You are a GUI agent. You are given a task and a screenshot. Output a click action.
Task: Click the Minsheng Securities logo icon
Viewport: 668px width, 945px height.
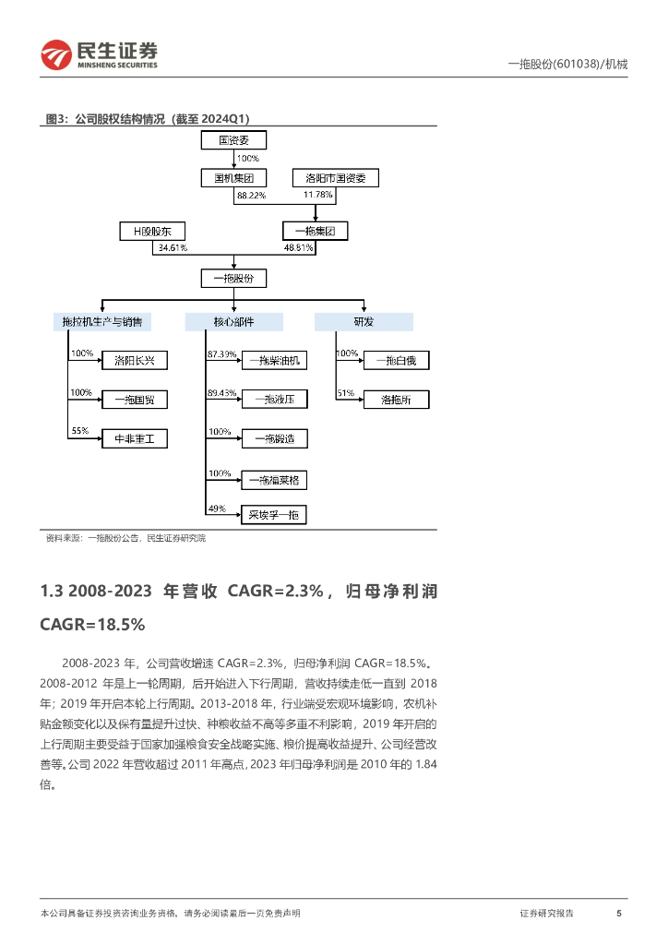coord(56,55)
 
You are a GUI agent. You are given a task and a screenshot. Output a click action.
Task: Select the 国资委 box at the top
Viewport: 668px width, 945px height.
coord(233,140)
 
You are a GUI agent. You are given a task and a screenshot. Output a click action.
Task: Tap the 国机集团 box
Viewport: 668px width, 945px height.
coord(233,178)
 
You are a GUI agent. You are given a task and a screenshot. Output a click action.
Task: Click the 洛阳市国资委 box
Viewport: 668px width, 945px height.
coord(335,178)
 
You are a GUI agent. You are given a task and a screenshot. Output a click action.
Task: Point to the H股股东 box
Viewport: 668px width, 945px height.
coord(152,232)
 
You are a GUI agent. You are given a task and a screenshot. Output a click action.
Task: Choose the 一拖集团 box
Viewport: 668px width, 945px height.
coord(315,232)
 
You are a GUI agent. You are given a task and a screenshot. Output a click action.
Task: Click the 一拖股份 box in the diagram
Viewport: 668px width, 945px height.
coord(233,278)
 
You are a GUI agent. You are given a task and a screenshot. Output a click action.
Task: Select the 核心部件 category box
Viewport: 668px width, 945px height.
coord(233,321)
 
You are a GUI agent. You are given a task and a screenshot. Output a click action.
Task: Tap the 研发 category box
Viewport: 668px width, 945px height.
coord(364,321)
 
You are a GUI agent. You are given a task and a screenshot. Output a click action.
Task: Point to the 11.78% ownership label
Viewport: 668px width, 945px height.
coord(316,196)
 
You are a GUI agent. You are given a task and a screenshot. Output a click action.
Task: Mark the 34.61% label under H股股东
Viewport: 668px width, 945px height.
coord(173,248)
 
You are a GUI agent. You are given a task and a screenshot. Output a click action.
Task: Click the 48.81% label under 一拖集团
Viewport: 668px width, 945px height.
coord(298,248)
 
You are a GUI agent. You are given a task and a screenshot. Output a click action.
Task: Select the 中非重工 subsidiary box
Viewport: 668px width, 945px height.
coord(135,439)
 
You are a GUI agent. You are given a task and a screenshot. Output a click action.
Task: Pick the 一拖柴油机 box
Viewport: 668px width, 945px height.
coord(274,360)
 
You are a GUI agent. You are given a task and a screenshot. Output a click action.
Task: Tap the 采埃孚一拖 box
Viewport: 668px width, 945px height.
coord(274,515)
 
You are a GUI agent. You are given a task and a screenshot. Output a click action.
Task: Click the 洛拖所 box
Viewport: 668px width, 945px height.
coord(396,400)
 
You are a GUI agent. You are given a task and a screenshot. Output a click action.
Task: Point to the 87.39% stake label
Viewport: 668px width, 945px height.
coord(222,354)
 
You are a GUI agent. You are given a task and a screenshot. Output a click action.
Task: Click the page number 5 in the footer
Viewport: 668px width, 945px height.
coord(618,913)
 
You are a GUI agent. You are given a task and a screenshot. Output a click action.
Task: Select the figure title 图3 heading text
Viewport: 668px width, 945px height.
coord(148,118)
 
